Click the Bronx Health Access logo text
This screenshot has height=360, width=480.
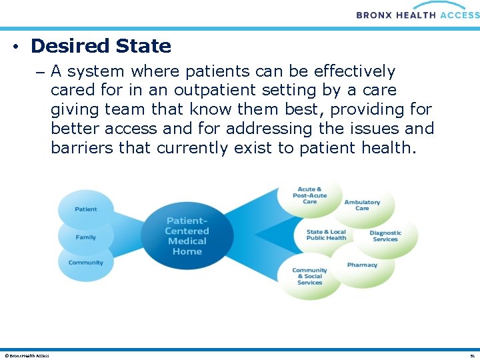tap(417, 14)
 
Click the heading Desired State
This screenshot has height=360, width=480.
tap(101, 46)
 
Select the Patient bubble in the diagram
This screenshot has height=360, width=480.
tap(86, 209)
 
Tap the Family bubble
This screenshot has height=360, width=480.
tap(86, 237)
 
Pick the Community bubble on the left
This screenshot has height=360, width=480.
tap(86, 263)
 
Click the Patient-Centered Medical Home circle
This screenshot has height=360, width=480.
tap(187, 236)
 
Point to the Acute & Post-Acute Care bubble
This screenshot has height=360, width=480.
tap(310, 195)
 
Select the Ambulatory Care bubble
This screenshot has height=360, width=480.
tap(362, 205)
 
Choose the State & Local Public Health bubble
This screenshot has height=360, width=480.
tap(326, 235)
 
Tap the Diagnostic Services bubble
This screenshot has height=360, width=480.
tap(385, 236)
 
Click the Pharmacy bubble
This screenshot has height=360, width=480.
tap(362, 265)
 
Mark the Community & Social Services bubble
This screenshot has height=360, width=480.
tap(310, 276)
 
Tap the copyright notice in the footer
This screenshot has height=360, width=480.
tap(27, 355)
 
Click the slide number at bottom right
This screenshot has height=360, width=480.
tap(471, 355)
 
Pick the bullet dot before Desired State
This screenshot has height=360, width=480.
tap(15, 47)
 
